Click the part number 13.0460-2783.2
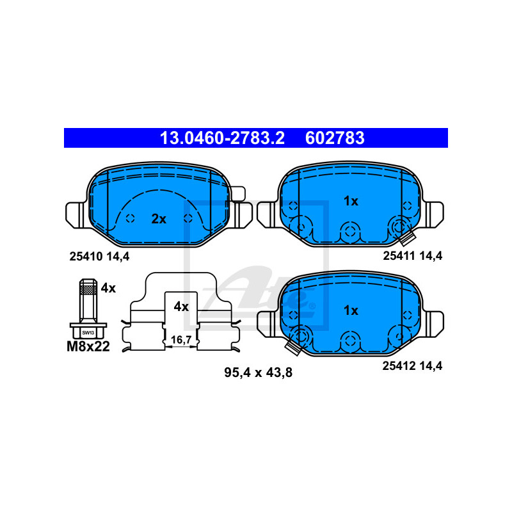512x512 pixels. (x=222, y=138)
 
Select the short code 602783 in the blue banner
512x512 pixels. (x=335, y=138)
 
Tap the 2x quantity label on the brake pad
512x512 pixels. (x=159, y=219)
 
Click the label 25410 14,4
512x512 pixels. (x=99, y=257)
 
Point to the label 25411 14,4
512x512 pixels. (x=412, y=256)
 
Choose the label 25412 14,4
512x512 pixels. (x=412, y=366)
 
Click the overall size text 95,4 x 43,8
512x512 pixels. (x=258, y=372)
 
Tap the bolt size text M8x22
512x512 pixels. (x=88, y=346)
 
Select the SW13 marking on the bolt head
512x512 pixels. (x=88, y=333)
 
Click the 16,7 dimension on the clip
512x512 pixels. (x=181, y=340)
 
